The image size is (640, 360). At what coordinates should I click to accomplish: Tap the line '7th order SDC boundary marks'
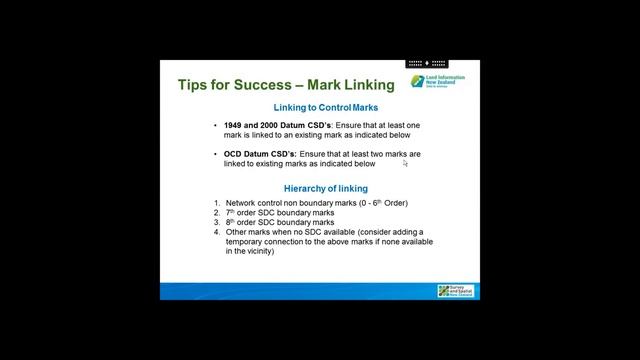click(x=279, y=213)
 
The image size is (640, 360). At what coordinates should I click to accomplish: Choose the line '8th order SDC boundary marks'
click(x=279, y=222)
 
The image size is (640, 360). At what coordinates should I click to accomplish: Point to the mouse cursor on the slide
click(x=405, y=164)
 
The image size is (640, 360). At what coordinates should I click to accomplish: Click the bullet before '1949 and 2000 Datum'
click(x=215, y=126)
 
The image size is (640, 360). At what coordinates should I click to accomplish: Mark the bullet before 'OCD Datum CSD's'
click(x=215, y=154)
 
